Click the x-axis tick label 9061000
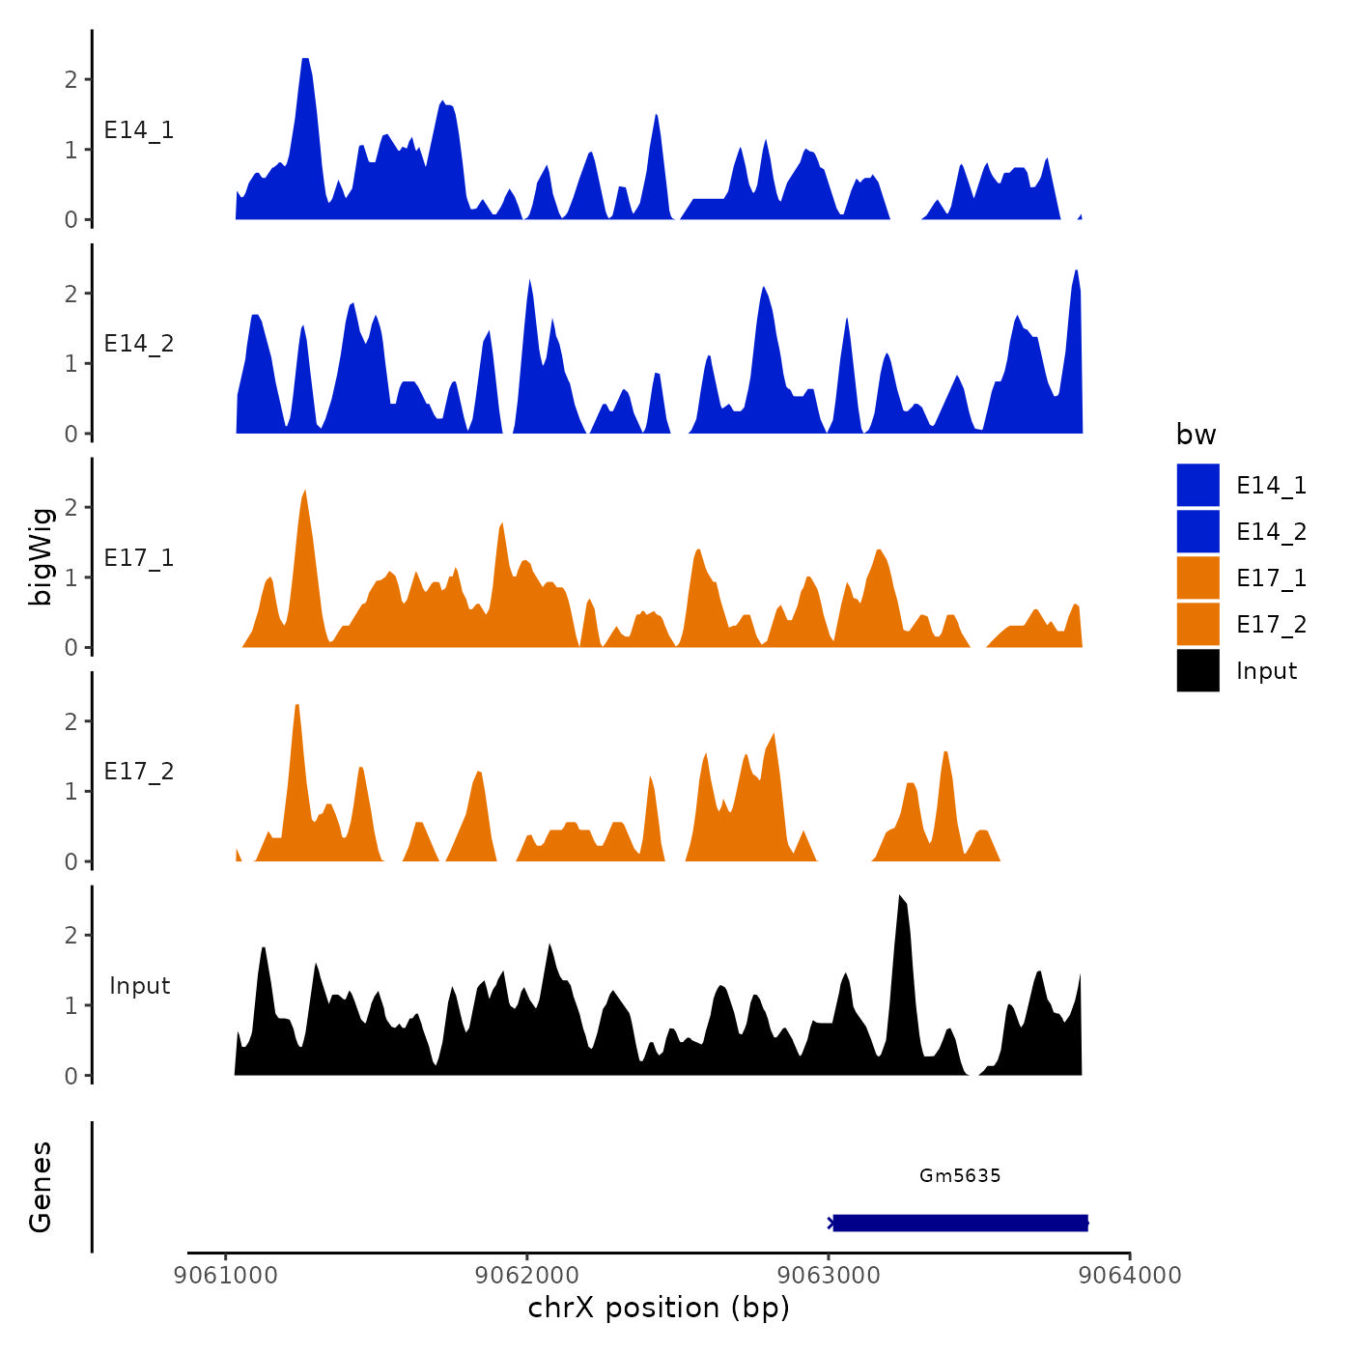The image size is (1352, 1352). pos(226,1276)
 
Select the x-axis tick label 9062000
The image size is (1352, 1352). pos(527,1276)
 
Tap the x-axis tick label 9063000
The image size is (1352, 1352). pos(829,1276)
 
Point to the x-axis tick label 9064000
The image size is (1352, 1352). pos(1130,1276)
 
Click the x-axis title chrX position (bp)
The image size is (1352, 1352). pos(659,1308)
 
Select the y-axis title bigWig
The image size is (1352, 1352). pos(41,556)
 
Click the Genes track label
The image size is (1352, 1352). pos(41,1187)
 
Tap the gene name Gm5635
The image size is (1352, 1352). pos(960,1175)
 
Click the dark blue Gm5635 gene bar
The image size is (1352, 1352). pos(960,1224)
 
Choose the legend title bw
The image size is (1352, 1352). pos(1196,435)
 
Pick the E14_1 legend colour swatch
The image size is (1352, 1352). pos(1197,485)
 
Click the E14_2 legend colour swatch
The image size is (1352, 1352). pos(1197,531)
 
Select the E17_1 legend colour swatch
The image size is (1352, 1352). pos(1197,577)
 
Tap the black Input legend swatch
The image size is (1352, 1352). pos(1197,670)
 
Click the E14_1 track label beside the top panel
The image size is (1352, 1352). pos(139,130)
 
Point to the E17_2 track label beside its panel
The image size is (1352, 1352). pos(139,771)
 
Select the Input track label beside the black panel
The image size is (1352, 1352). pos(139,985)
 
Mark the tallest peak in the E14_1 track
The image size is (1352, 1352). pos(305,62)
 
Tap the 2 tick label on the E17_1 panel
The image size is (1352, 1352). pos(70,507)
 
